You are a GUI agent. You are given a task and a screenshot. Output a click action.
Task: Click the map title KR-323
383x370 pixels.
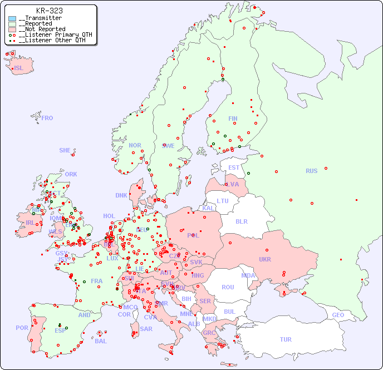pos(49,11)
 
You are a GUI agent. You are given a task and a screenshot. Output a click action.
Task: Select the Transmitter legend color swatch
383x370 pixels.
pos(12,18)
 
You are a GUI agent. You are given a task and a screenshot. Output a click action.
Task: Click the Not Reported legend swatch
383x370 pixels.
pos(12,29)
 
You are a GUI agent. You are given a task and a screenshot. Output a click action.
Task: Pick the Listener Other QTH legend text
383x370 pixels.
pos(52,40)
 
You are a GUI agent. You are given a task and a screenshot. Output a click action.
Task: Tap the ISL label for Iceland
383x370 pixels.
pos(19,68)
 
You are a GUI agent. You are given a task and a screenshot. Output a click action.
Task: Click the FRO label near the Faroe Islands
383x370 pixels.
pos(47,118)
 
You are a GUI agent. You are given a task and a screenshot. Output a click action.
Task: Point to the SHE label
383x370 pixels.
pos(65,150)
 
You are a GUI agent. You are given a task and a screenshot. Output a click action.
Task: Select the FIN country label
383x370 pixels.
pos(233,119)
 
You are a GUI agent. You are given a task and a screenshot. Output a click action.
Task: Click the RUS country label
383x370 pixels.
pos(311,171)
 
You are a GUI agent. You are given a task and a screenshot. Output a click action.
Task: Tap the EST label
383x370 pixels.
pos(234,167)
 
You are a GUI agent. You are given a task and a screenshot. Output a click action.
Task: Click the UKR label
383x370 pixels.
pos(264,259)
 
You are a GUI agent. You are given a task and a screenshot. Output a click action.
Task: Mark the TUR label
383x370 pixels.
pos(285,339)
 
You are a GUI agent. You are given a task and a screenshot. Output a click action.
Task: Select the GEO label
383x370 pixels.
pos(338,315)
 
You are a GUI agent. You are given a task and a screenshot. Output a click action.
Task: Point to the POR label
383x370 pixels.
pos(22,328)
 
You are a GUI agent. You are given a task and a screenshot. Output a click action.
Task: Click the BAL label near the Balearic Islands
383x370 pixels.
pos(100,341)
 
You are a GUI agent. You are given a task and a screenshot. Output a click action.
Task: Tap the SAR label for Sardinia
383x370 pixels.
pos(146,329)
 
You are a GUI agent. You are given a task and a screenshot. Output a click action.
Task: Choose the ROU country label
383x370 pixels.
pos(228,287)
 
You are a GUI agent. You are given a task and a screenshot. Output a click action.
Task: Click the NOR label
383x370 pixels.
pos(135,145)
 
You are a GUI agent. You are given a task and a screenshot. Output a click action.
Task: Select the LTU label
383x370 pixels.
pos(223,201)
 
